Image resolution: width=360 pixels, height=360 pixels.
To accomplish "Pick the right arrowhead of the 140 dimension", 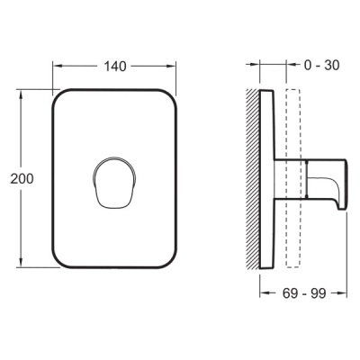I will (x=172, y=66).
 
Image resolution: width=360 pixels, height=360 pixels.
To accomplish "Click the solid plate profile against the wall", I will (x=266, y=180).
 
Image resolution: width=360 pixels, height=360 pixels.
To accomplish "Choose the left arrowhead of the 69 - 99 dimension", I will (x=262, y=292).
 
